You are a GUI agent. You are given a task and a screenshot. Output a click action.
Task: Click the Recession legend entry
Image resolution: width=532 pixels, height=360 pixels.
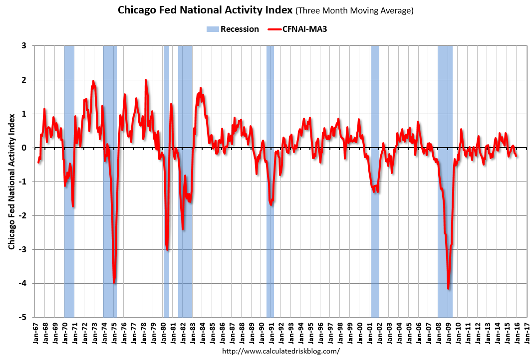coord(233,29)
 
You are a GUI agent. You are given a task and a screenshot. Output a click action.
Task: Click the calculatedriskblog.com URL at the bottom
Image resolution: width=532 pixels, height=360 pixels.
coord(280,351)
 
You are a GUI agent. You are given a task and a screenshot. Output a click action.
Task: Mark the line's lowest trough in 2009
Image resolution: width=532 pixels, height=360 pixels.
coord(448,288)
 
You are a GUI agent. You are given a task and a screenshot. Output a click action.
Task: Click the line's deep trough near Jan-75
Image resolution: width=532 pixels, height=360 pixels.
coord(114,282)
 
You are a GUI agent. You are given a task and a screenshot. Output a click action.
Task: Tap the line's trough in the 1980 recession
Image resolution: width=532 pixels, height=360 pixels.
coord(167,249)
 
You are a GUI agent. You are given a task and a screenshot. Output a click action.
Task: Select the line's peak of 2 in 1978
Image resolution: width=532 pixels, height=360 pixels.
coord(146,80)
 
